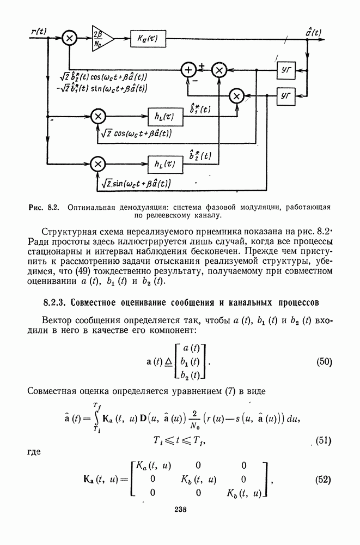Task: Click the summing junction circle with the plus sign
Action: click(x=188, y=70)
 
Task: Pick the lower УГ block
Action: click(x=286, y=95)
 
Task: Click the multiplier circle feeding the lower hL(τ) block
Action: click(x=98, y=163)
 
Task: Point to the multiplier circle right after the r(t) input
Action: click(x=70, y=38)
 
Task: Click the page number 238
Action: click(x=180, y=510)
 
